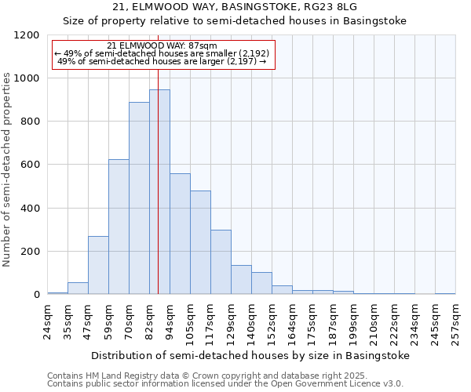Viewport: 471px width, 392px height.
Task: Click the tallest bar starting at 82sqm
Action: (159, 192)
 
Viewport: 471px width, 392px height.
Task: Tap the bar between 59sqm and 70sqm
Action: (119, 227)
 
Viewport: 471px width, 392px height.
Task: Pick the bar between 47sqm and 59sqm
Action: (98, 265)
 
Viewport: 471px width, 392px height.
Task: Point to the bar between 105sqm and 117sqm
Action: (200, 242)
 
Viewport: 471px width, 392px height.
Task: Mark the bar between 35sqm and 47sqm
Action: (78, 288)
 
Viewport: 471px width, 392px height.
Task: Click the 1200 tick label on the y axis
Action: (27, 35)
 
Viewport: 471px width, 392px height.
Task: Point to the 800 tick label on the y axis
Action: (30, 122)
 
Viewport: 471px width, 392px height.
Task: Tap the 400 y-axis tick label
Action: (30, 209)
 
